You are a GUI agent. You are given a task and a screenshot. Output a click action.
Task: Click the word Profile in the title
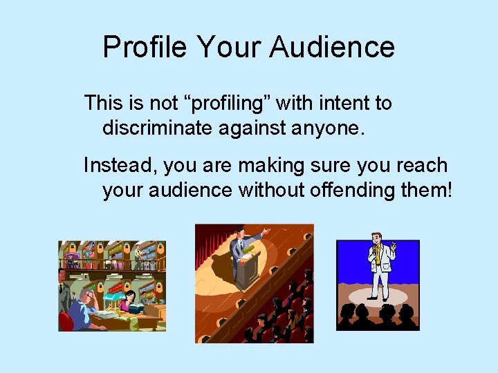point(145,48)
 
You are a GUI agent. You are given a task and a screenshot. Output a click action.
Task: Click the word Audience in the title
point(332,48)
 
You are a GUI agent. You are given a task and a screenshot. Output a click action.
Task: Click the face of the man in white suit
point(377,240)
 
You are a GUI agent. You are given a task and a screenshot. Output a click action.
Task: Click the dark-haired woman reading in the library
point(128,300)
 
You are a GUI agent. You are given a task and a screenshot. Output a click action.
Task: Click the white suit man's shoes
point(378,298)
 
